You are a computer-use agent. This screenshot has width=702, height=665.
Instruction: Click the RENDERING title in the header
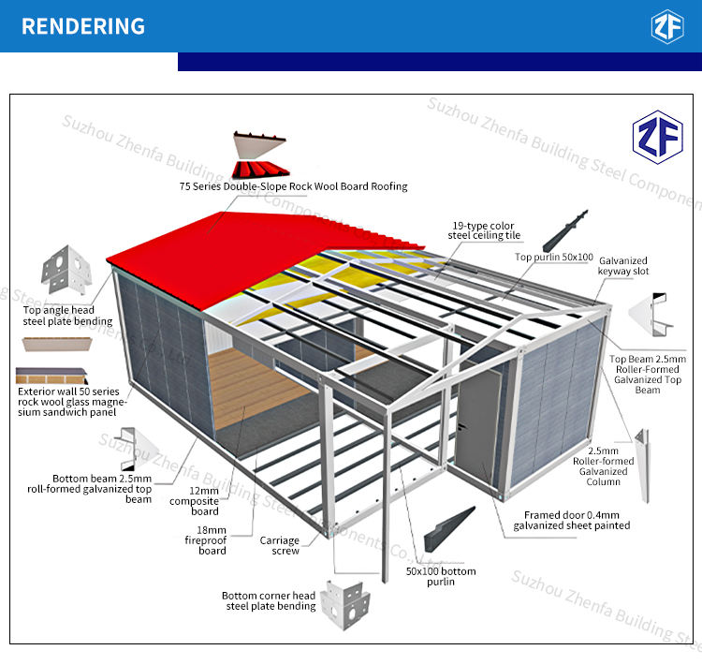click(x=83, y=26)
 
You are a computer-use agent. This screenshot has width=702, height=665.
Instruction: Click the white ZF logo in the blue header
click(x=667, y=26)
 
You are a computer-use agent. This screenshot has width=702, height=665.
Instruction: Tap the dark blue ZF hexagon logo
click(x=657, y=137)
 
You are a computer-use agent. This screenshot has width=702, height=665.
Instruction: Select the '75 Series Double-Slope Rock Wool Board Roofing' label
click(x=293, y=186)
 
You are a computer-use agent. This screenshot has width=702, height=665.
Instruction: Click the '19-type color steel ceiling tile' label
click(x=484, y=230)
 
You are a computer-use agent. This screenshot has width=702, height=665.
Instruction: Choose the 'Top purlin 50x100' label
click(x=554, y=257)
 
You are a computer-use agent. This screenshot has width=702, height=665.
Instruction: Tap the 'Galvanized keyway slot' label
click(x=623, y=266)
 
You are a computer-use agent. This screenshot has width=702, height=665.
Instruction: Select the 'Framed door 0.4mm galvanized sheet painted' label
click(x=572, y=520)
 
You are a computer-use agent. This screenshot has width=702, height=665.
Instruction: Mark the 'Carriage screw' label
click(x=279, y=545)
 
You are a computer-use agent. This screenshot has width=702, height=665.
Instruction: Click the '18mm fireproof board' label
click(x=206, y=540)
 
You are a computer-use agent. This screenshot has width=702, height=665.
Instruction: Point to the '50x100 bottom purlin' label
click(x=441, y=576)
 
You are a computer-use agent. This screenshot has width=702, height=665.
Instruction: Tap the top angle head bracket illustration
click(x=66, y=270)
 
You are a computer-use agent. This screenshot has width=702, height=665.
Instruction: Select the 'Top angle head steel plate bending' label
click(x=67, y=316)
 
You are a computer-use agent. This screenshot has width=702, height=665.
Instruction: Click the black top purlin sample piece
click(x=565, y=230)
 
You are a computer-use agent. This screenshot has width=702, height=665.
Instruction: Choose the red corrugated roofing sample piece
click(x=260, y=170)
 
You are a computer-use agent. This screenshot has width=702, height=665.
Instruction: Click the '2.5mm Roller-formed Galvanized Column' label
click(x=603, y=466)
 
